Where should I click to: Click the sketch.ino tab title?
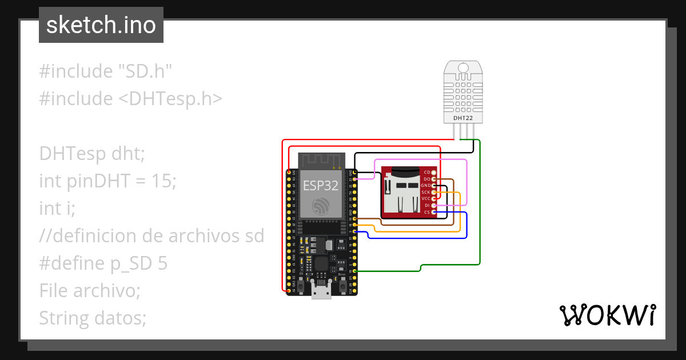pos(101,25)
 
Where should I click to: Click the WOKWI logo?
pos(607,315)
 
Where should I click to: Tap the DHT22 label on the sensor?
pos(463,118)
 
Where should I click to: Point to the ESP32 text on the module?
pos(320,185)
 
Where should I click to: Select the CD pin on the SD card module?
pos(434,172)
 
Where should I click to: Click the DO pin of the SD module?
pos(434,179)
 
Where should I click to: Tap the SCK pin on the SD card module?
pos(434,192)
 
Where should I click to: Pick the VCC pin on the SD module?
pos(434,198)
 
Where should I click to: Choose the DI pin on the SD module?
pos(434,205)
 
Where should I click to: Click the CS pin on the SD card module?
pos(434,212)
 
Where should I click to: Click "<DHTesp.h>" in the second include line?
pos(170,99)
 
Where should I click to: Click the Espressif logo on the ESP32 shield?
pos(321,206)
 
